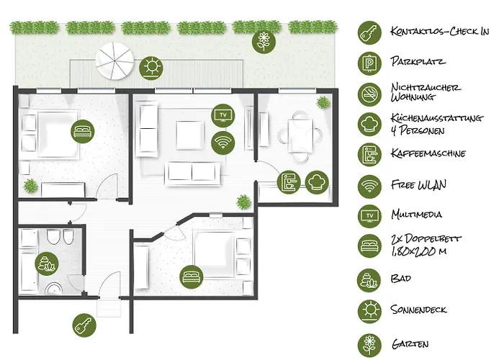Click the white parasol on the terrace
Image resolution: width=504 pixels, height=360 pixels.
click(x=115, y=60)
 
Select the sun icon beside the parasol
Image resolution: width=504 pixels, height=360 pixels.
click(x=152, y=68)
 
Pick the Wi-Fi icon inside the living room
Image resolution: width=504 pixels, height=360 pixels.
click(x=223, y=142)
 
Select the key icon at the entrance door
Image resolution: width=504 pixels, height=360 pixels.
click(x=84, y=325)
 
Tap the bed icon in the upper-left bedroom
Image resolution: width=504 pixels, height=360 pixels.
click(x=82, y=132)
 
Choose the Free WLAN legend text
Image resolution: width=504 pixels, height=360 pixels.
click(x=418, y=185)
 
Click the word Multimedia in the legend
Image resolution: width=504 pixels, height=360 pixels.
click(x=416, y=215)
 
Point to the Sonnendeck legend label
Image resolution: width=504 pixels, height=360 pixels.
click(x=418, y=310)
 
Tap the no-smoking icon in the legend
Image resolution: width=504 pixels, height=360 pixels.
click(x=369, y=93)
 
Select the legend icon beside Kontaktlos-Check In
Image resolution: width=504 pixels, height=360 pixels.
click(x=369, y=31)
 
